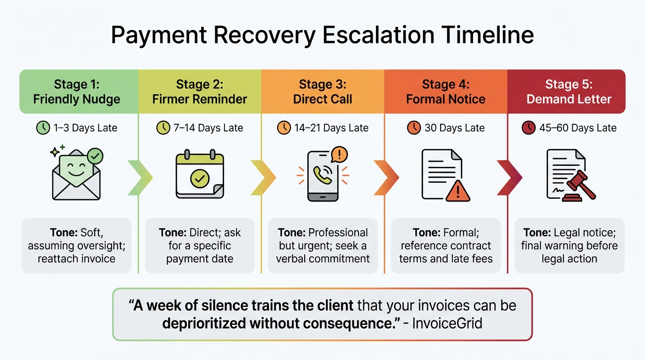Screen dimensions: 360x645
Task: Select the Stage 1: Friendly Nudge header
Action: click(x=77, y=91)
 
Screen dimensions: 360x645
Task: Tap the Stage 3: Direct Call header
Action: click(x=322, y=91)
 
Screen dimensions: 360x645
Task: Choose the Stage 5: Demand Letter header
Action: click(x=569, y=91)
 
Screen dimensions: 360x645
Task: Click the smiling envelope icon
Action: click(x=76, y=174)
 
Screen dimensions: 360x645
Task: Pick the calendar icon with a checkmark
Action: click(x=200, y=174)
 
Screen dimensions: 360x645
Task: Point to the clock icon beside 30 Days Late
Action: click(x=414, y=128)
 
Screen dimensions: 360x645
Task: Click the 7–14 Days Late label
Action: click(x=208, y=128)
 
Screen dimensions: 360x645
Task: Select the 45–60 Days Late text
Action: click(x=578, y=128)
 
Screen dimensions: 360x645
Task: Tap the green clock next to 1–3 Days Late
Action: click(x=43, y=128)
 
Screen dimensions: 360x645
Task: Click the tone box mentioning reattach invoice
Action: click(x=77, y=246)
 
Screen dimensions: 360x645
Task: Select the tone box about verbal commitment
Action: click(x=322, y=246)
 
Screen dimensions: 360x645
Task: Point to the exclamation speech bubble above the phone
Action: click(x=339, y=154)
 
